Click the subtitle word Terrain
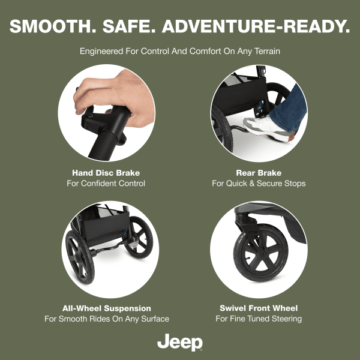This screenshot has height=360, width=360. (267, 51)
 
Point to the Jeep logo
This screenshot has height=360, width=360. (180, 343)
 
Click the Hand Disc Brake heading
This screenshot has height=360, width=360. (106, 173)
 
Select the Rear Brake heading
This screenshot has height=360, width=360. (259, 173)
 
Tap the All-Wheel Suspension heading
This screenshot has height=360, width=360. (107, 308)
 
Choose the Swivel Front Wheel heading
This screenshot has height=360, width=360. (259, 308)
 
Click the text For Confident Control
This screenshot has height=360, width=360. (106, 184)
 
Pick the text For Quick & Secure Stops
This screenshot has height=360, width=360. (259, 184)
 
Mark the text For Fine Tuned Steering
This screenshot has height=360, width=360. (259, 319)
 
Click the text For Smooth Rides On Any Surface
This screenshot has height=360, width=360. (107, 319)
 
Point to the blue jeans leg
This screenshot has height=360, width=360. (290, 108)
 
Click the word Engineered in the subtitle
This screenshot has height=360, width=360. (101, 51)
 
